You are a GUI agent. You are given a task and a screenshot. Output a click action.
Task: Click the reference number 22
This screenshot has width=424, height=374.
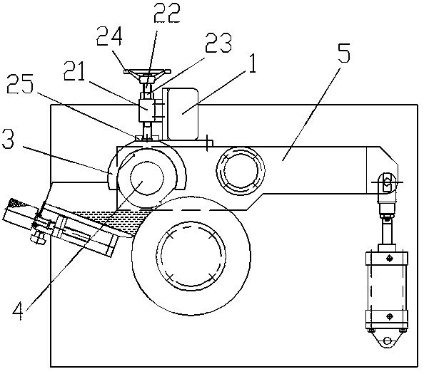click(x=166, y=14)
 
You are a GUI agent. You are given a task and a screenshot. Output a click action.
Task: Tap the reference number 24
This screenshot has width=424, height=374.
click(x=109, y=36)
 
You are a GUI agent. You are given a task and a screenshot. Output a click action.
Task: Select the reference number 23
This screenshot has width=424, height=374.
click(x=218, y=43)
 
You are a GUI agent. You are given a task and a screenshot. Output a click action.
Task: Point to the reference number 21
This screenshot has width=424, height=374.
click(x=74, y=71)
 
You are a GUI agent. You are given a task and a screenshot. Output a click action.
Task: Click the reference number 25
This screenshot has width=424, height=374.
click(x=20, y=84)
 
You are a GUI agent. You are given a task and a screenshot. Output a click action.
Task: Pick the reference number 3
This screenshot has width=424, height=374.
click(x=8, y=139)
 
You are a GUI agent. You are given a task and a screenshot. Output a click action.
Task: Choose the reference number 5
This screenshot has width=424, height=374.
click(x=344, y=53)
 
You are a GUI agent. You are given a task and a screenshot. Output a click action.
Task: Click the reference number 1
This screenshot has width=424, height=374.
click(x=252, y=63)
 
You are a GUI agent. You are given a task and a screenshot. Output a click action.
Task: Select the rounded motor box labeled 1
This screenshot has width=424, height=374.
click(x=183, y=114)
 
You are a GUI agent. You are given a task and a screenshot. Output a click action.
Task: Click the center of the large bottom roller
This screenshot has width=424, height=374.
click(x=191, y=255)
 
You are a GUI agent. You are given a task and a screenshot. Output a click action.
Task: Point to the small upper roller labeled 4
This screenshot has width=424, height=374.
click(x=147, y=178)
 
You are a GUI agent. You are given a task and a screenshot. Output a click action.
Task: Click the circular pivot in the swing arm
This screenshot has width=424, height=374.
click(x=241, y=171)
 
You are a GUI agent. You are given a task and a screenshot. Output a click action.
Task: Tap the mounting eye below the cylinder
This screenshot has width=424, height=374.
click(x=387, y=341)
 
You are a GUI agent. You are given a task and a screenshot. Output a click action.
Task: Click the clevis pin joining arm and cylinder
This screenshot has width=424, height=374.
click(x=388, y=182)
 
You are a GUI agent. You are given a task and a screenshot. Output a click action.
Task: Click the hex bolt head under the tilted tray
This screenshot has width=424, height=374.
click(x=38, y=239)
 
